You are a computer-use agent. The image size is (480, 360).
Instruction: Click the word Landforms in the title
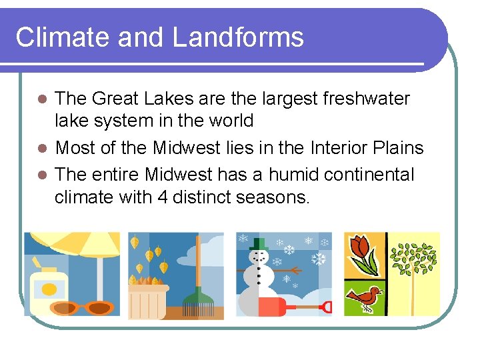coord(238,37)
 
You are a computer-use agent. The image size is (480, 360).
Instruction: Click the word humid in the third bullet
coord(293,175)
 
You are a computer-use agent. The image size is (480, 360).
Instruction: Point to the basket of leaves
coord(148,301)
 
